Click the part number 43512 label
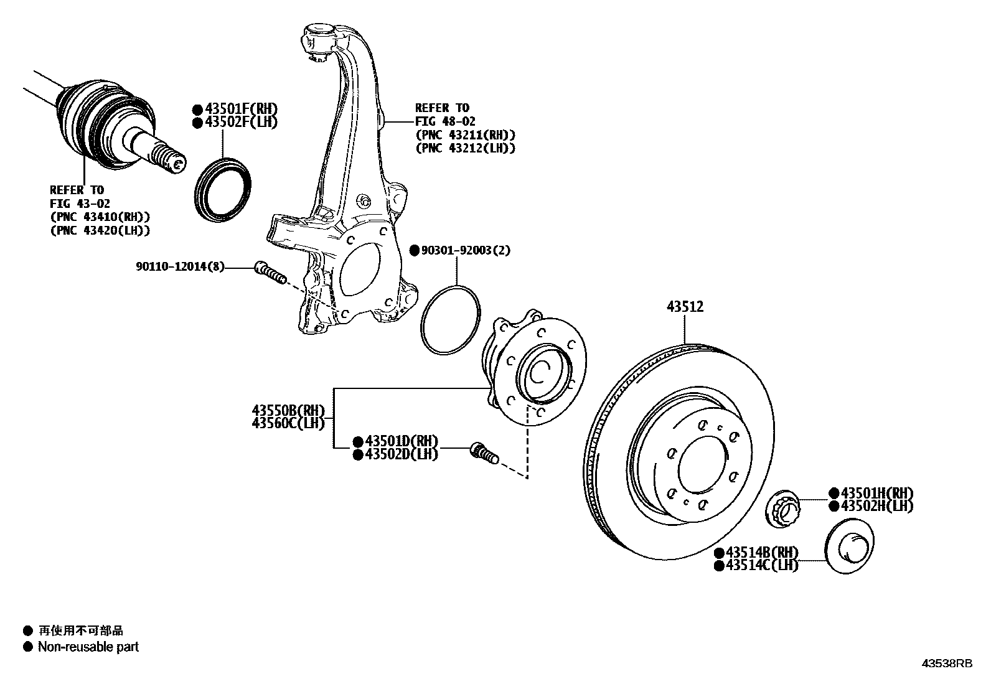(685, 306)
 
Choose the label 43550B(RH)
(288, 411)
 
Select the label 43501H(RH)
(876, 493)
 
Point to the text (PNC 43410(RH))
(100, 217)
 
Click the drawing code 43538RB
(946, 663)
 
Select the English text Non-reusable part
(88, 647)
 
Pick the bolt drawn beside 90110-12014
(269, 273)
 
